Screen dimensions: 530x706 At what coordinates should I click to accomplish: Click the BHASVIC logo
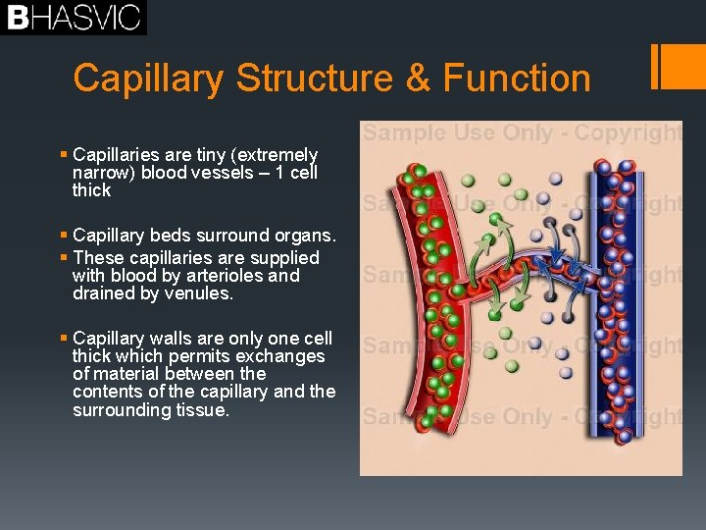[x=74, y=18]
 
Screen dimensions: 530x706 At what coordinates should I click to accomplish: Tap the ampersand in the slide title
[x=418, y=78]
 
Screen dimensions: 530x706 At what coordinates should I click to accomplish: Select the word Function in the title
[x=517, y=78]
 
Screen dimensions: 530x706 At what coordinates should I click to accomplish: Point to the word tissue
[x=201, y=409]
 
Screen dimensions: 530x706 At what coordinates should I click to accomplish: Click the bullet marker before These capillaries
[x=64, y=257]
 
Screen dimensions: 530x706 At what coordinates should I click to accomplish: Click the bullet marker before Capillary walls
[x=64, y=338]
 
